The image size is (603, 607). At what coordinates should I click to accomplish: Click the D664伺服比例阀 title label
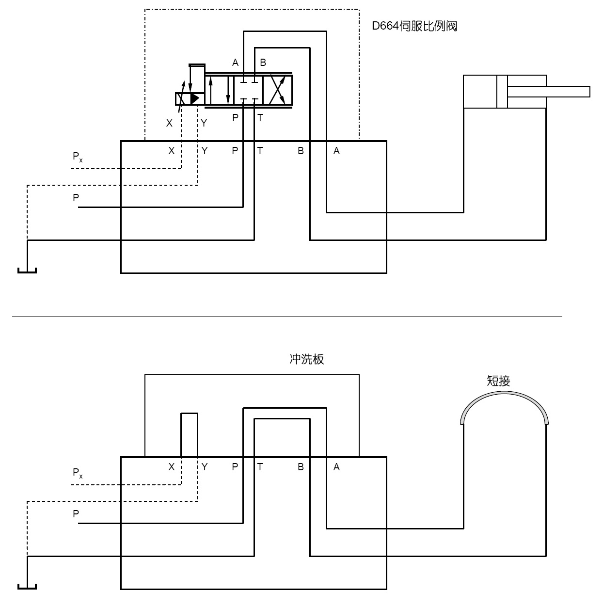(x=414, y=26)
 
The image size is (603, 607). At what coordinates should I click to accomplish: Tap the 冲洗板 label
(x=306, y=359)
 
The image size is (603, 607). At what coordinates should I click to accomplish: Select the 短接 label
(x=498, y=381)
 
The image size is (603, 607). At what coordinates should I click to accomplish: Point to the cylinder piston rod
(x=549, y=92)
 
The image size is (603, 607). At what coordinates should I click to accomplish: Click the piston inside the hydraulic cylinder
(x=502, y=92)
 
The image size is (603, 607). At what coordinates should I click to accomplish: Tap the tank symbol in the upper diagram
(x=27, y=271)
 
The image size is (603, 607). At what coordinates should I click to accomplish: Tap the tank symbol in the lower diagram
(x=27, y=587)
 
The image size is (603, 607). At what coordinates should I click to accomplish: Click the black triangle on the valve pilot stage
(x=195, y=99)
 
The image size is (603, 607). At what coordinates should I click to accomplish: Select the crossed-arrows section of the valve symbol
(x=278, y=90)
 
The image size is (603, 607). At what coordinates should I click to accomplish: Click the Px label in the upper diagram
(x=78, y=157)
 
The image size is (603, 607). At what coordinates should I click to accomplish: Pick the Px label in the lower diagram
(x=78, y=473)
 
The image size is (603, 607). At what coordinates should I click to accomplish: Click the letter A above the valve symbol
(x=236, y=63)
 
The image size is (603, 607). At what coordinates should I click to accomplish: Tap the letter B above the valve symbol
(x=263, y=63)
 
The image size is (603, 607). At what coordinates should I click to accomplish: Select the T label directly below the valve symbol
(x=260, y=118)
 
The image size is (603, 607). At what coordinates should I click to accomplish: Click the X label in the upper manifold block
(x=172, y=151)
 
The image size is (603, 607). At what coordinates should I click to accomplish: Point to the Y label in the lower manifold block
(x=205, y=467)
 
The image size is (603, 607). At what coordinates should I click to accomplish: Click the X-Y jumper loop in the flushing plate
(x=190, y=413)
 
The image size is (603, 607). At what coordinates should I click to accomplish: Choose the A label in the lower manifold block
(x=336, y=467)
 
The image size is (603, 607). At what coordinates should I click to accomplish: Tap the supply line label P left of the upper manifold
(x=76, y=198)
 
